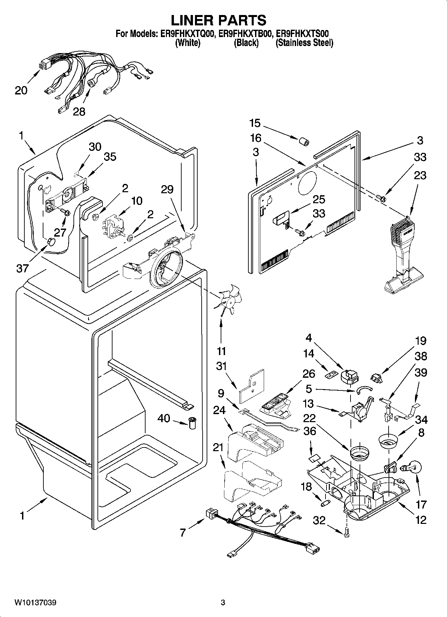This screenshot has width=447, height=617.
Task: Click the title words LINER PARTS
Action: coord(219,20)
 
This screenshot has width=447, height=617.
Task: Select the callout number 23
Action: coord(420,175)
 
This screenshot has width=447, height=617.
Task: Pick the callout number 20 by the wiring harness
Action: coord(21,90)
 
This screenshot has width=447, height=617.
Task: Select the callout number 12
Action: coord(421,520)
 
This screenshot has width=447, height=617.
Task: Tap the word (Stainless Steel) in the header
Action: coord(304,43)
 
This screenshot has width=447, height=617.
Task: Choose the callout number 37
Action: coord(22,268)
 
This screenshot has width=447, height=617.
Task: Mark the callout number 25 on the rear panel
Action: coord(319,200)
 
